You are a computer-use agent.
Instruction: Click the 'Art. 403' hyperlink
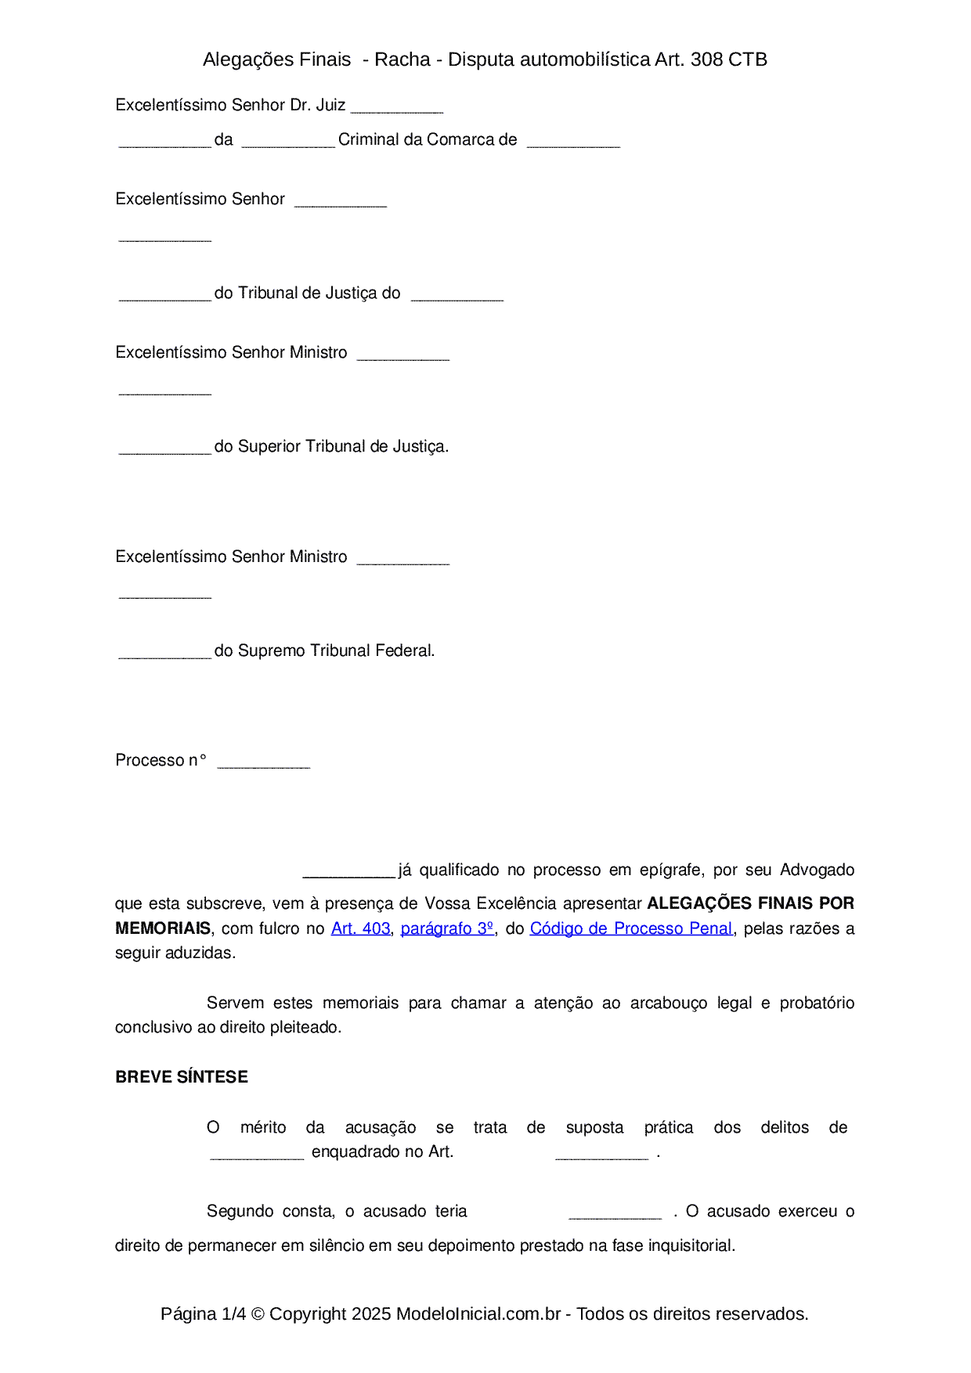point(360,928)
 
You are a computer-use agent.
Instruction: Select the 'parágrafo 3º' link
point(447,928)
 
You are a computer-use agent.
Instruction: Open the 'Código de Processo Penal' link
point(631,928)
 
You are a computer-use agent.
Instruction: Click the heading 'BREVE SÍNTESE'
point(182,1077)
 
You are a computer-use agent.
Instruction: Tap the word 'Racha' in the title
point(402,59)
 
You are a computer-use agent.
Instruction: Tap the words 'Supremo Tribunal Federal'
point(335,650)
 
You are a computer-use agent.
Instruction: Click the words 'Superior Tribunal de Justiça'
point(341,446)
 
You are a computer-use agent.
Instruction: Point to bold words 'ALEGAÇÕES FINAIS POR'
point(750,903)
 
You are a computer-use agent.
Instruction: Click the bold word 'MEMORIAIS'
point(163,928)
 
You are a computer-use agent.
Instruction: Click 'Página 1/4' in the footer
point(203,1314)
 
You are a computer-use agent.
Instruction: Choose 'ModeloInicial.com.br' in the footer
point(478,1314)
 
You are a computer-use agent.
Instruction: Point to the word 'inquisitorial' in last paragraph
point(691,1245)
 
